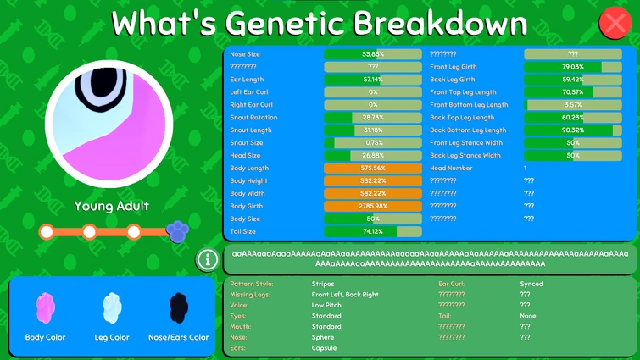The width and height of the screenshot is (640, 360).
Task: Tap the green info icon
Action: coord(206,260)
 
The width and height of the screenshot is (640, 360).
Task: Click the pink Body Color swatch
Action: coord(45,308)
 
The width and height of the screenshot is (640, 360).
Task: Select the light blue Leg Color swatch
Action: coord(112,308)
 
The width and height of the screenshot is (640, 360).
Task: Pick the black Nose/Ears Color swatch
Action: coord(178,308)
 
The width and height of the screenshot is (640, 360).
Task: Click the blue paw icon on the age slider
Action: coord(177,230)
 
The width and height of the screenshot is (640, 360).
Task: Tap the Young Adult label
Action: coord(111,206)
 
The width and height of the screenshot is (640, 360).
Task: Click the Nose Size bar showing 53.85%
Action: coord(373,54)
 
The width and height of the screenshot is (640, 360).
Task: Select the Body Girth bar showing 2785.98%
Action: coord(373,206)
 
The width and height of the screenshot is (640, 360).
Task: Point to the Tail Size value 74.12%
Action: coord(373,231)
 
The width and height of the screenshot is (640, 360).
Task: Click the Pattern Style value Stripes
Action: coord(323,285)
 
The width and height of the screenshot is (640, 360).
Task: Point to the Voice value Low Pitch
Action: coord(327,305)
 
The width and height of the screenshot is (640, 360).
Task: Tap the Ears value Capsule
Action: coord(325,348)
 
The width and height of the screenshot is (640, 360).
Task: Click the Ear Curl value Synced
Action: coord(531,285)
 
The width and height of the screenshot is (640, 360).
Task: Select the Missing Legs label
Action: coord(251,295)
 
